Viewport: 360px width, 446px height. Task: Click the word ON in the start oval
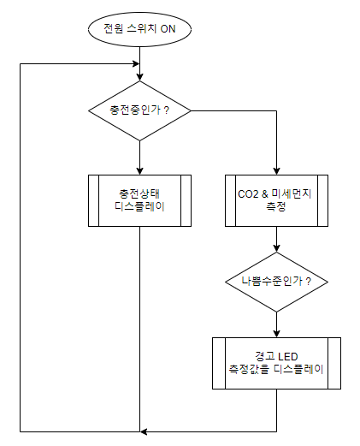[168, 29]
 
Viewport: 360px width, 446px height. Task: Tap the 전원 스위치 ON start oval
[139, 29]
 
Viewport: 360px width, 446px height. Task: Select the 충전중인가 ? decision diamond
[139, 110]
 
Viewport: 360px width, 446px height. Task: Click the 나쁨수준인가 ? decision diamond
[276, 282]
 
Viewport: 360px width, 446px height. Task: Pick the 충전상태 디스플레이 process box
[139, 200]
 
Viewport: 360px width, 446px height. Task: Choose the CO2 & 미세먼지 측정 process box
[276, 200]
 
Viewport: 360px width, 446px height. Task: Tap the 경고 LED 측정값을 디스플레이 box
[276, 363]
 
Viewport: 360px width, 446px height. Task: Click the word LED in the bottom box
[288, 357]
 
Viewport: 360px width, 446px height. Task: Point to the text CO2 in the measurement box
[248, 194]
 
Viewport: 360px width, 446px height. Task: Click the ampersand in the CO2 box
[265, 194]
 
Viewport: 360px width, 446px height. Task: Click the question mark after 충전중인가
[167, 110]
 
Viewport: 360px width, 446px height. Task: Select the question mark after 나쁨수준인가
[308, 282]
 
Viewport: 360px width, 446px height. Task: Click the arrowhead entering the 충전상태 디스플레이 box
[139, 171]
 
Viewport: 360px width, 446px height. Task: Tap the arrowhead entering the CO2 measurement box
[276, 171]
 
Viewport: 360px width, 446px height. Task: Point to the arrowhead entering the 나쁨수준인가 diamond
[276, 248]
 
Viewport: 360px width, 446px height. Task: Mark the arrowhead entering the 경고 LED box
[276, 334]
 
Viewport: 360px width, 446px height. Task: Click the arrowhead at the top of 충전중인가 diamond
[139, 77]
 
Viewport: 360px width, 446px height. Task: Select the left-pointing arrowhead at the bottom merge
[144, 431]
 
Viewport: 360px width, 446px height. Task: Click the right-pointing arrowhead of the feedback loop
[136, 63]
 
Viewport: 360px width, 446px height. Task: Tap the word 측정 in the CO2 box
[275, 206]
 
